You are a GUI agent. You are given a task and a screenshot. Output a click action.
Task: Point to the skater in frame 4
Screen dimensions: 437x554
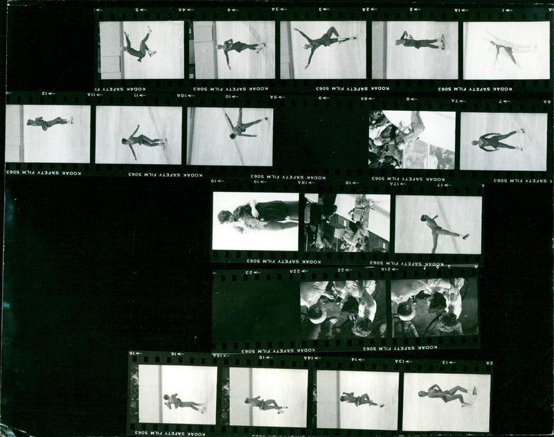(239, 48)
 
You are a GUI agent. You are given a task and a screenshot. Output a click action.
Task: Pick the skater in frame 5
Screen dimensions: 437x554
(138, 46)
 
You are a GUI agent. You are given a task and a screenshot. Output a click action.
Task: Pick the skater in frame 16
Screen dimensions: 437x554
(181, 402)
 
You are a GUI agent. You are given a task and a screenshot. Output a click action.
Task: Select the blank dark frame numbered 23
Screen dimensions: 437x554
(255, 309)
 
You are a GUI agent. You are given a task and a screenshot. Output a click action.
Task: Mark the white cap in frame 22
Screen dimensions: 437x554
(316, 314)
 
